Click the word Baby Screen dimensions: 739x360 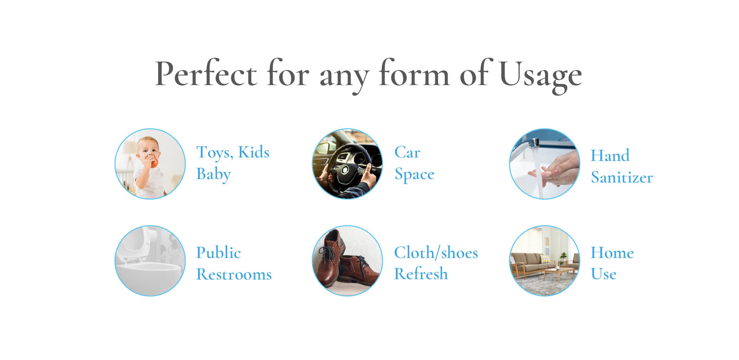click(214, 174)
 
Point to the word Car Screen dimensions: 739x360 click(407, 152)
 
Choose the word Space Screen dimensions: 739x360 click(415, 174)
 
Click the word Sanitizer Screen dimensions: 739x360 click(622, 177)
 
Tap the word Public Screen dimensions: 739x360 click(218, 253)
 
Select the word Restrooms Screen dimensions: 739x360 click(234, 274)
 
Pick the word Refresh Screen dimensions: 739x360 click(421, 274)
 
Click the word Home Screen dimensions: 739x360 click(612, 253)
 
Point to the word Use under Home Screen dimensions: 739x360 click(604, 274)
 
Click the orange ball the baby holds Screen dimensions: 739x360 click(154, 163)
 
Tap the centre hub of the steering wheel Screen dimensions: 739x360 click(344, 170)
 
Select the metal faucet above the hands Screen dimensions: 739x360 click(533, 143)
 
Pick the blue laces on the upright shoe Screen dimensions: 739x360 click(328, 252)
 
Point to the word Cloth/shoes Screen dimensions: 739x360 click(436, 253)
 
